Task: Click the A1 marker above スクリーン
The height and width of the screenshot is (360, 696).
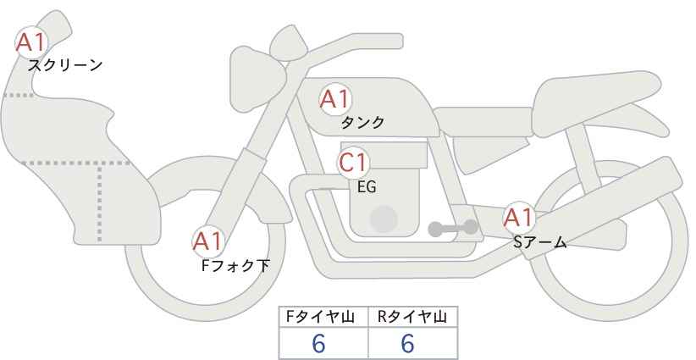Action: pyautogui.click(x=31, y=42)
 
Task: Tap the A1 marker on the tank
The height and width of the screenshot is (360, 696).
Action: pyautogui.click(x=335, y=99)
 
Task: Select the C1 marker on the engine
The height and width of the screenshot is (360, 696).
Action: pyautogui.click(x=353, y=163)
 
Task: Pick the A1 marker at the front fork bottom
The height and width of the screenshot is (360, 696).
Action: pyautogui.click(x=208, y=241)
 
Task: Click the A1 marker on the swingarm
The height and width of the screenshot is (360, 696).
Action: pyautogui.click(x=519, y=218)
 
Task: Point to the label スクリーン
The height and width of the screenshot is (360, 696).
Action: pyautogui.click(x=65, y=66)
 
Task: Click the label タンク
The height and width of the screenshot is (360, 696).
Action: pyautogui.click(x=362, y=122)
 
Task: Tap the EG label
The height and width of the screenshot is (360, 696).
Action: pyautogui.click(x=367, y=187)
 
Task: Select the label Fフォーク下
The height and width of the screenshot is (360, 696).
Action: pyautogui.click(x=235, y=265)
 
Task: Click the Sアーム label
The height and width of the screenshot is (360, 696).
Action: pyautogui.click(x=539, y=242)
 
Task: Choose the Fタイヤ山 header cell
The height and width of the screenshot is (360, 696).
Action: pyautogui.click(x=323, y=317)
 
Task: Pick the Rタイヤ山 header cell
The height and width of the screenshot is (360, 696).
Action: pyautogui.click(x=413, y=317)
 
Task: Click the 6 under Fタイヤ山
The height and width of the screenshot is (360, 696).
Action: pyautogui.click(x=318, y=343)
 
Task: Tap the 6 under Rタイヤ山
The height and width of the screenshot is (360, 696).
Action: pyautogui.click(x=407, y=343)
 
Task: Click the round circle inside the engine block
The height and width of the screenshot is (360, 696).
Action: pyautogui.click(x=384, y=219)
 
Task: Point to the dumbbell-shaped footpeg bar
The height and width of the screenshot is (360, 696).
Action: pyautogui.click(x=453, y=228)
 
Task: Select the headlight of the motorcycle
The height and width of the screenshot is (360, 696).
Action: pyautogui.click(x=257, y=80)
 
